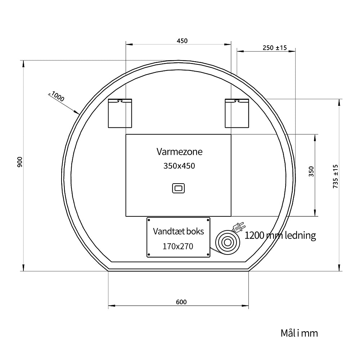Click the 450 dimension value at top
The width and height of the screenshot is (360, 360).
[182, 41]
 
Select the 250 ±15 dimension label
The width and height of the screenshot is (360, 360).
[275, 48]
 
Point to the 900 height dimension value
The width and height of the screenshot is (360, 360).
[20, 162]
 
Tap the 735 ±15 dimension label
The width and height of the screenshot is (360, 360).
[336, 176]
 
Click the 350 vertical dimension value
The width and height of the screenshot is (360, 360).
[311, 171]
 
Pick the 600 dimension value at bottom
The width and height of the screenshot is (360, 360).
[181, 302]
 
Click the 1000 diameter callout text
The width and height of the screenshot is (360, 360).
[57, 96]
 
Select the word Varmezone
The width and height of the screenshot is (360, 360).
[179, 152]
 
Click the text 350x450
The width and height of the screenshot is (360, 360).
[179, 166]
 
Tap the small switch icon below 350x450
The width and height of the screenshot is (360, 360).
[179, 188]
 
